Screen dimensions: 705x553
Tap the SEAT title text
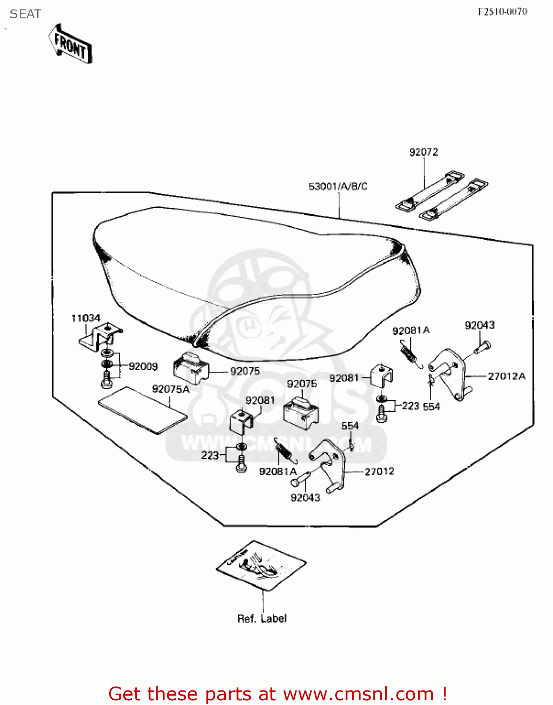[x=25, y=14]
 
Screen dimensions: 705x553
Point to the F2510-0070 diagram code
[x=502, y=12]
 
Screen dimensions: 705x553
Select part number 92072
[x=423, y=152]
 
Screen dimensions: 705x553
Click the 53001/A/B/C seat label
[x=338, y=187]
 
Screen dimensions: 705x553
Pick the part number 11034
[x=86, y=318]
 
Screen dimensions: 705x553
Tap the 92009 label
[x=143, y=367]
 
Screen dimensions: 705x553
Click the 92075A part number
[x=170, y=389]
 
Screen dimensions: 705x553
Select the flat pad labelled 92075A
[x=142, y=410]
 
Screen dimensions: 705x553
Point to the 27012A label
[x=506, y=376]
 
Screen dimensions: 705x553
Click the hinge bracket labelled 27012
[x=329, y=463]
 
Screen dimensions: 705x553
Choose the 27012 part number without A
[x=379, y=471]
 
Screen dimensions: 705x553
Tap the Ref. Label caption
[x=261, y=619]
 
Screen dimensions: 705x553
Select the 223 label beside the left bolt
[x=210, y=455]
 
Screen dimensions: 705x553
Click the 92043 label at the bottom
[x=305, y=498]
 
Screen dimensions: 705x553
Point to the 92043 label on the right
[x=479, y=325]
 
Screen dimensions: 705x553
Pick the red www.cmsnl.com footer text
[x=277, y=694]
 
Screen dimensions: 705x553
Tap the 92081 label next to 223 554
[x=344, y=378]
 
